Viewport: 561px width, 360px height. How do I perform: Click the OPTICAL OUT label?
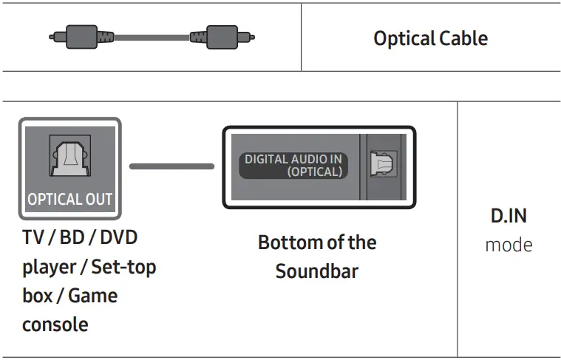[69, 199]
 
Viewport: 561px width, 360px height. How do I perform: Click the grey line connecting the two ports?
[171, 166]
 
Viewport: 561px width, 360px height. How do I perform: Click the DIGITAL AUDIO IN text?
[293, 159]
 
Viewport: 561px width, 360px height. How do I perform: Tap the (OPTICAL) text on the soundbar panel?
[315, 171]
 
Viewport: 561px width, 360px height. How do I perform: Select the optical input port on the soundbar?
[383, 166]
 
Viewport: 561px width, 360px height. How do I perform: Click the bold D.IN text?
[509, 217]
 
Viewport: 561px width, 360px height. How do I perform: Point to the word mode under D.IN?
[509, 245]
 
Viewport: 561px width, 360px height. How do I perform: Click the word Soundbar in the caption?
[316, 271]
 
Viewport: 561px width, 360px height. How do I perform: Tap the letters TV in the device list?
[33, 238]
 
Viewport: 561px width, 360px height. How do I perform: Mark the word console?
[55, 324]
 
